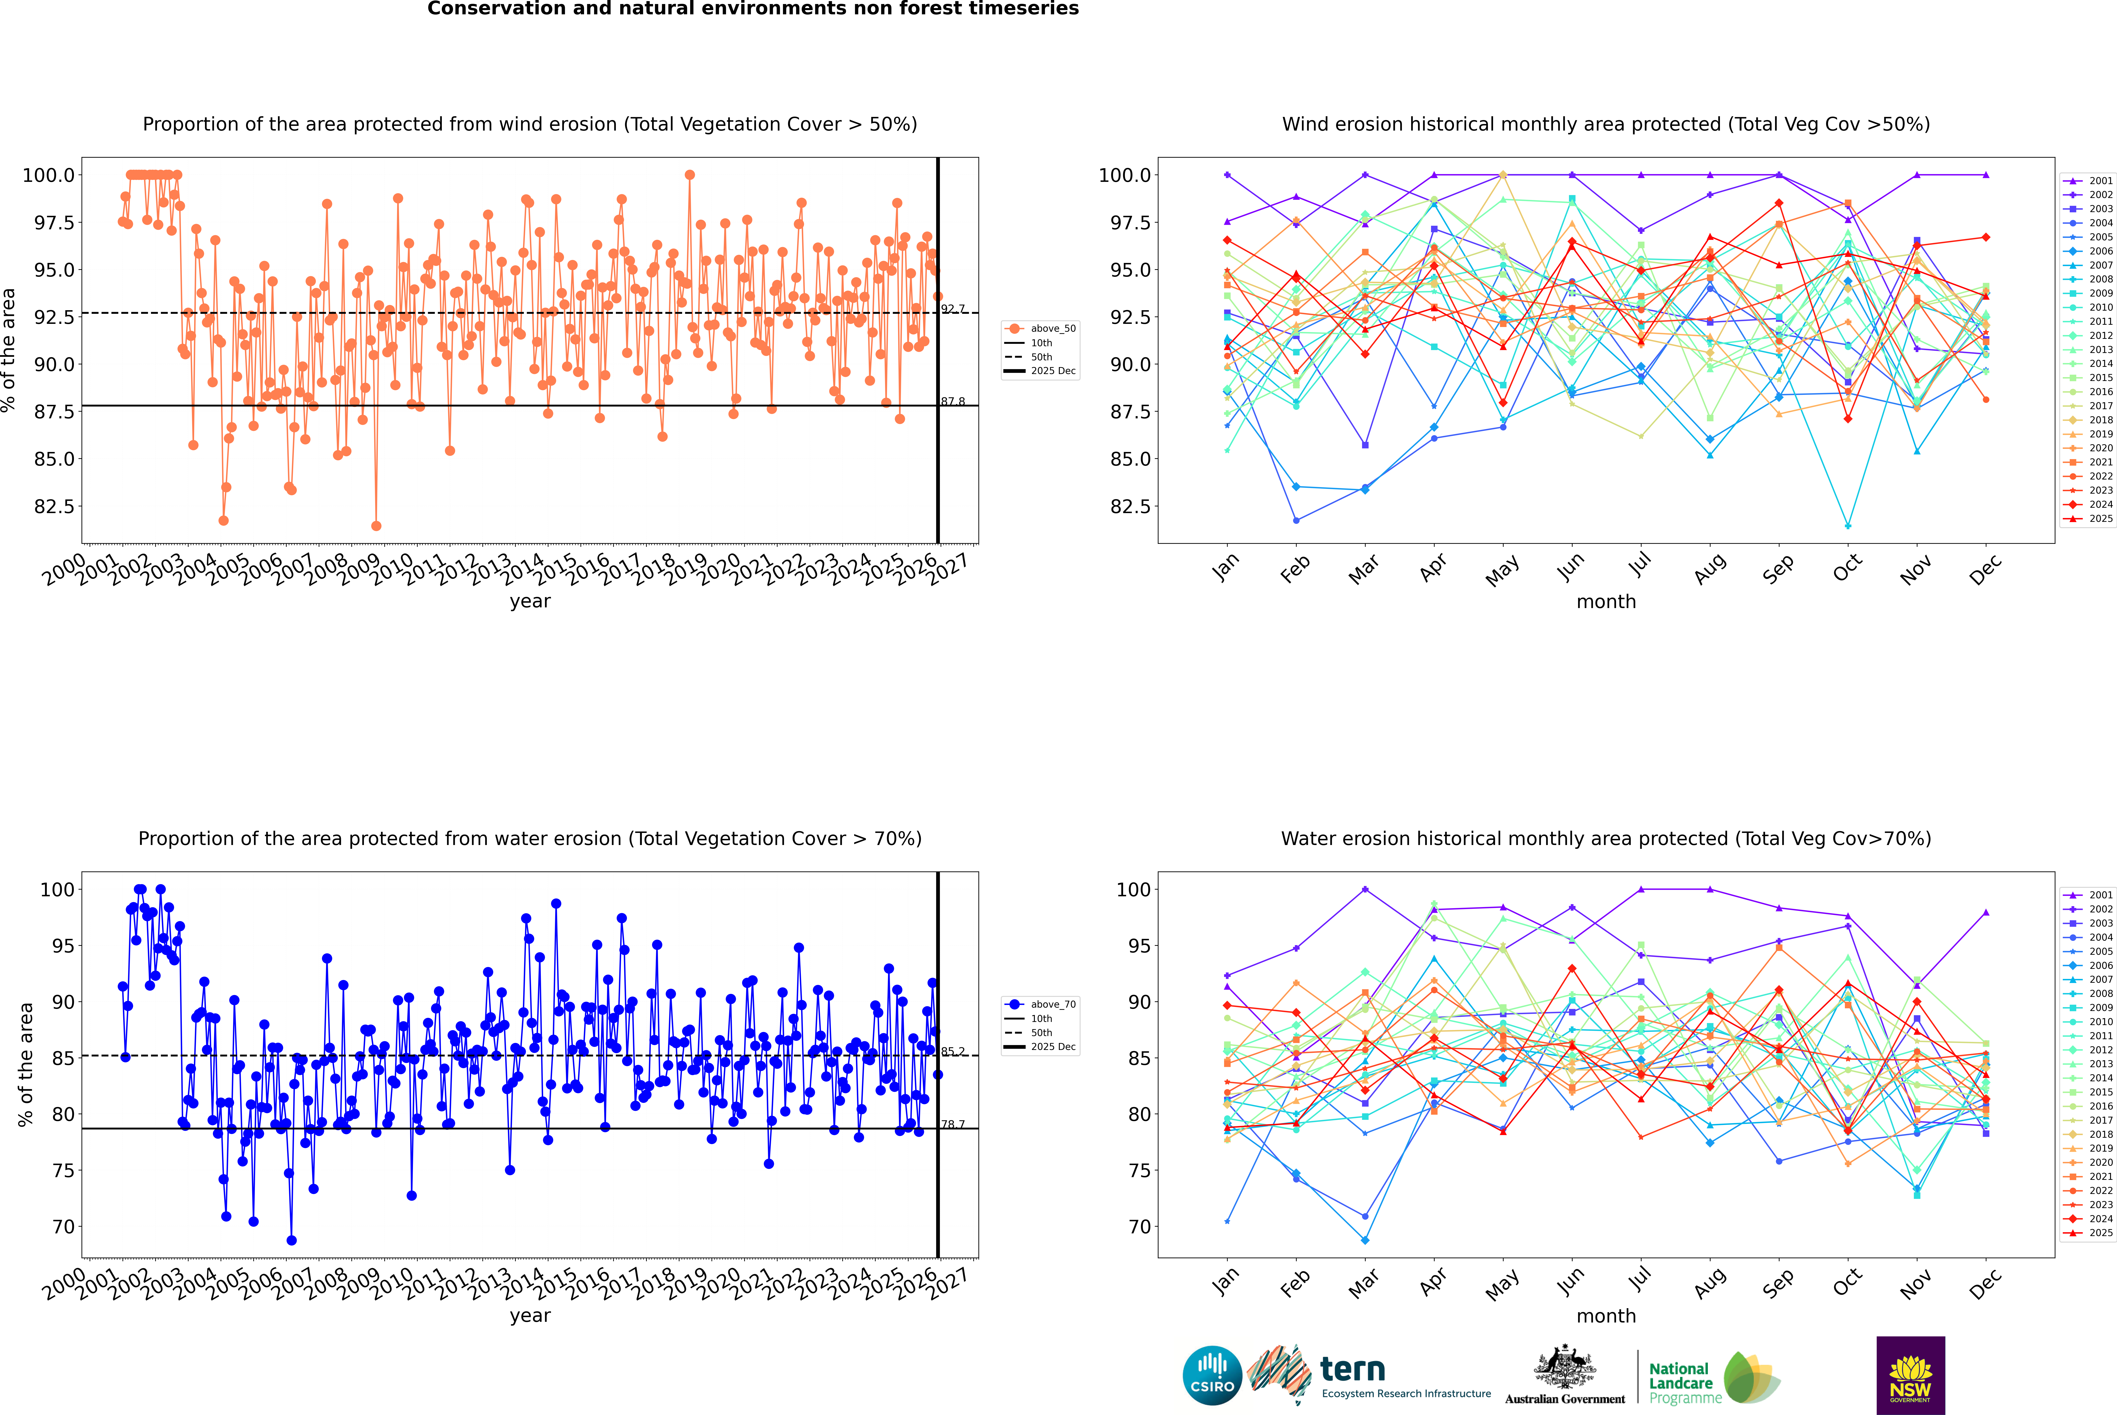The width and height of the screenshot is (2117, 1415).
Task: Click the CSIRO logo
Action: click(1212, 1375)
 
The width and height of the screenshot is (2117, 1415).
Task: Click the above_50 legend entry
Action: click(1040, 329)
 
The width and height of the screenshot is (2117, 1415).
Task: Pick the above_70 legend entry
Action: click(1040, 1004)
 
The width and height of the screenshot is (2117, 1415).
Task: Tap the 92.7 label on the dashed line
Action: click(953, 309)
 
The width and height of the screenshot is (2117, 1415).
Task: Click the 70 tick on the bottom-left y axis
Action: click(63, 1226)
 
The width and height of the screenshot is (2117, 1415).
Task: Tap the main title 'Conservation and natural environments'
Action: click(753, 9)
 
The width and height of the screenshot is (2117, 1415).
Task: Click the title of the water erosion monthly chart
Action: click(1605, 838)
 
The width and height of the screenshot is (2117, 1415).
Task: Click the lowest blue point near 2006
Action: click(292, 1240)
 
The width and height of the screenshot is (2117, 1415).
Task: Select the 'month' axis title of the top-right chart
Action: click(1605, 602)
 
